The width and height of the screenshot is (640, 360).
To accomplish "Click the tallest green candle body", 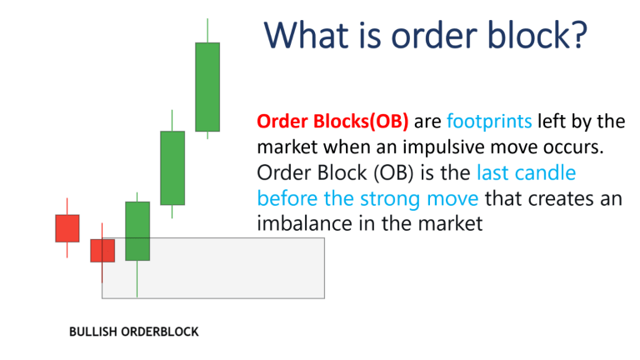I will click(207, 87).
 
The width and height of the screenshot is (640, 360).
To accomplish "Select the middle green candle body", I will click(172, 167).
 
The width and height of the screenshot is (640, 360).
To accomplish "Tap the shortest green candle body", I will click(137, 231).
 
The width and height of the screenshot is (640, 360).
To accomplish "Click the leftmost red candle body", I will click(67, 227).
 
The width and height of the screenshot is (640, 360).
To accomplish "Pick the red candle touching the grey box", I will click(102, 250).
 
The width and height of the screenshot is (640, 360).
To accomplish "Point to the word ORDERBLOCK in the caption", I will click(160, 332).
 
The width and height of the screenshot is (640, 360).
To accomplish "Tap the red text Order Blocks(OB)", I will click(332, 122).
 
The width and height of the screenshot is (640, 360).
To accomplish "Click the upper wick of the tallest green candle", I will click(207, 30).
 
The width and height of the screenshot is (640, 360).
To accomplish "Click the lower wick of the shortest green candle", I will click(137, 278).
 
